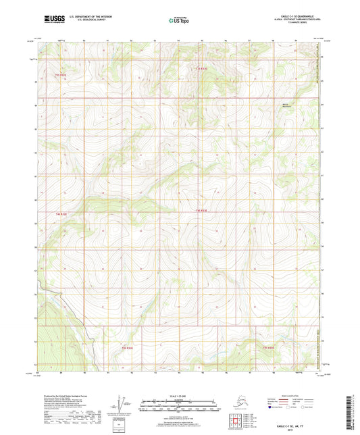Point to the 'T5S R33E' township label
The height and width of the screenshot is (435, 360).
[x=127, y=348]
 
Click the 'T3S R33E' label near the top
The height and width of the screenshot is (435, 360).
[x=201, y=70]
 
